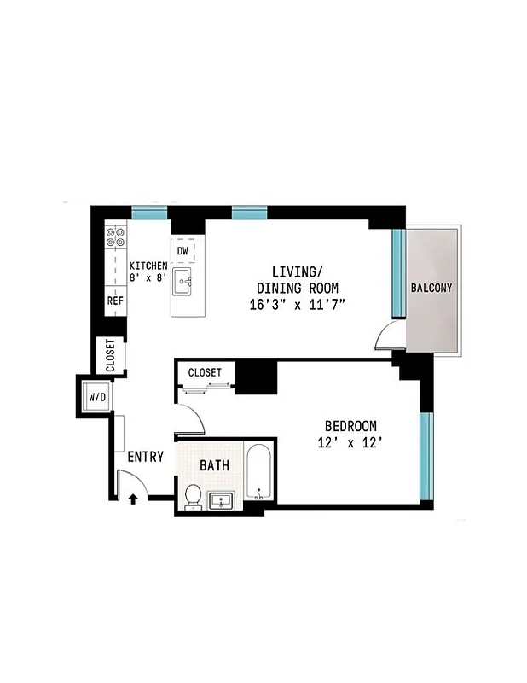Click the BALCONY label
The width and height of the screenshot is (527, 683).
pyautogui.click(x=431, y=288)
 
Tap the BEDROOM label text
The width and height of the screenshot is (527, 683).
pyautogui.click(x=350, y=426)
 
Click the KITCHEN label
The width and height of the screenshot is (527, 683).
pyautogui.click(x=148, y=265)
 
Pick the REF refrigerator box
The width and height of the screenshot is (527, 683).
pyautogui.click(x=115, y=301)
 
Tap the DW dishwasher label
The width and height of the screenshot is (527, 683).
pyautogui.click(x=182, y=251)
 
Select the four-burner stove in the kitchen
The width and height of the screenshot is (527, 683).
pyautogui.click(x=115, y=236)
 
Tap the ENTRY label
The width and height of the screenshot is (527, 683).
pyautogui.click(x=145, y=457)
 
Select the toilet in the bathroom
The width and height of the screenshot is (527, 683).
pyautogui.click(x=193, y=495)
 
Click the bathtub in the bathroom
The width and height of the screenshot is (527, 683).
pyautogui.click(x=258, y=475)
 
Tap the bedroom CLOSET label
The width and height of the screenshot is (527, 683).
pyautogui.click(x=205, y=373)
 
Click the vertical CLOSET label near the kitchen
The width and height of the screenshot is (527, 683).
pyautogui.click(x=111, y=355)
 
